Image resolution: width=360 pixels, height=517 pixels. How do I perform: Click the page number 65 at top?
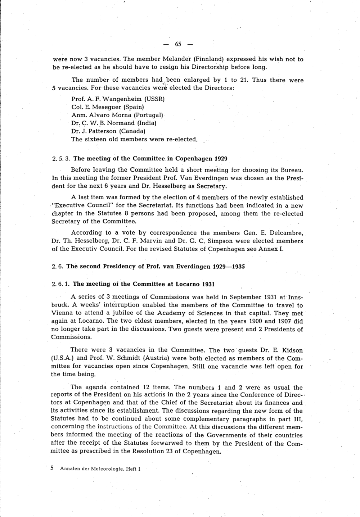click(x=178, y=44)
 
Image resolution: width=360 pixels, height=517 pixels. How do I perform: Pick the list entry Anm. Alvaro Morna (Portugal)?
click(x=117, y=115)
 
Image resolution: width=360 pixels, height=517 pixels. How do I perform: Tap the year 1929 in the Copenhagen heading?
click(x=221, y=159)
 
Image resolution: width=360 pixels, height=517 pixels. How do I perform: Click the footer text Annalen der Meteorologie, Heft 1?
click(x=100, y=469)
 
